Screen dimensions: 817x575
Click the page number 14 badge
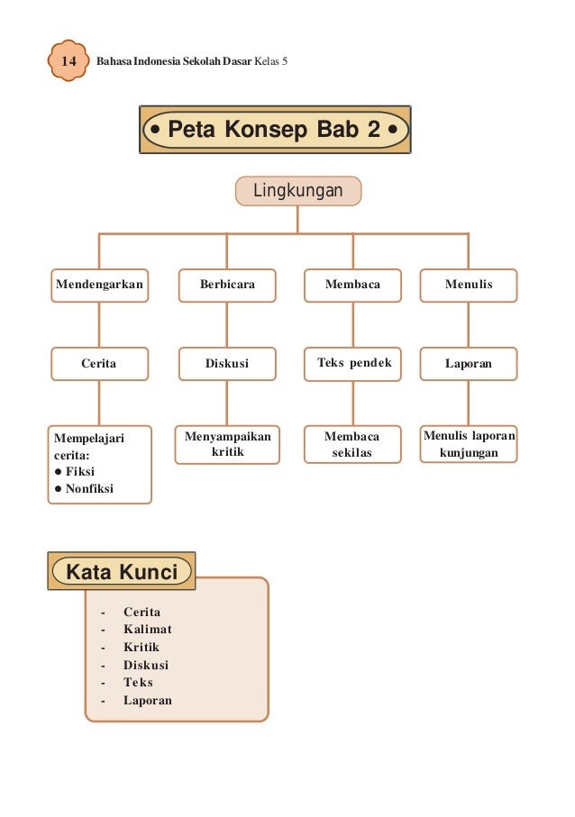point(68,60)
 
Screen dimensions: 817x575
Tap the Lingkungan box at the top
point(298,191)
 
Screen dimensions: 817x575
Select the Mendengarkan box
point(99,285)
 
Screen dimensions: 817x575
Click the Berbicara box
point(227,285)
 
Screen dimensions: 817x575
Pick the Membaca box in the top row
point(352,285)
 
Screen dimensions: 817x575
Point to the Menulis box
point(469,285)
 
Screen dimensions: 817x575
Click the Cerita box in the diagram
point(99,364)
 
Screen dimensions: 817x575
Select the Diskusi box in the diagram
point(227,364)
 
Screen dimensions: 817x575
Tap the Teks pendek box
point(352,364)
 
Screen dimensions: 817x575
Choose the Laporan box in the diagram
point(469,364)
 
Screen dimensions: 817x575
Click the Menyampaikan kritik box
point(227,444)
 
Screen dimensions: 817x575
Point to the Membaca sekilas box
point(352,444)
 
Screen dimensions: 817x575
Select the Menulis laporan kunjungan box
point(469,444)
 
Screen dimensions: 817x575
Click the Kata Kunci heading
point(122,571)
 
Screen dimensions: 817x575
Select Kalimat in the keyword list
point(147,630)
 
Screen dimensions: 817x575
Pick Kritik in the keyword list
point(141,648)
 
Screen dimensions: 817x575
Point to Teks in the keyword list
point(138,683)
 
